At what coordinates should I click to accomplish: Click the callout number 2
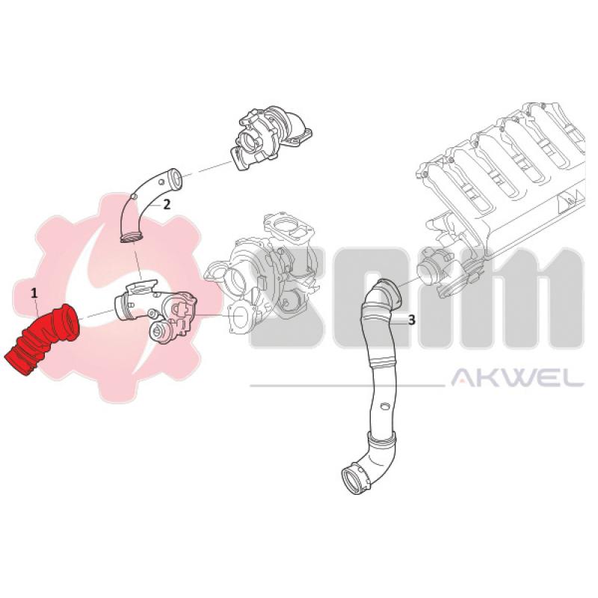167,203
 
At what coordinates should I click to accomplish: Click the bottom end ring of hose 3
351,478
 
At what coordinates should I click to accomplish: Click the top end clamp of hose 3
386,290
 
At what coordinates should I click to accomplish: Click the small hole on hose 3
383,407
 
